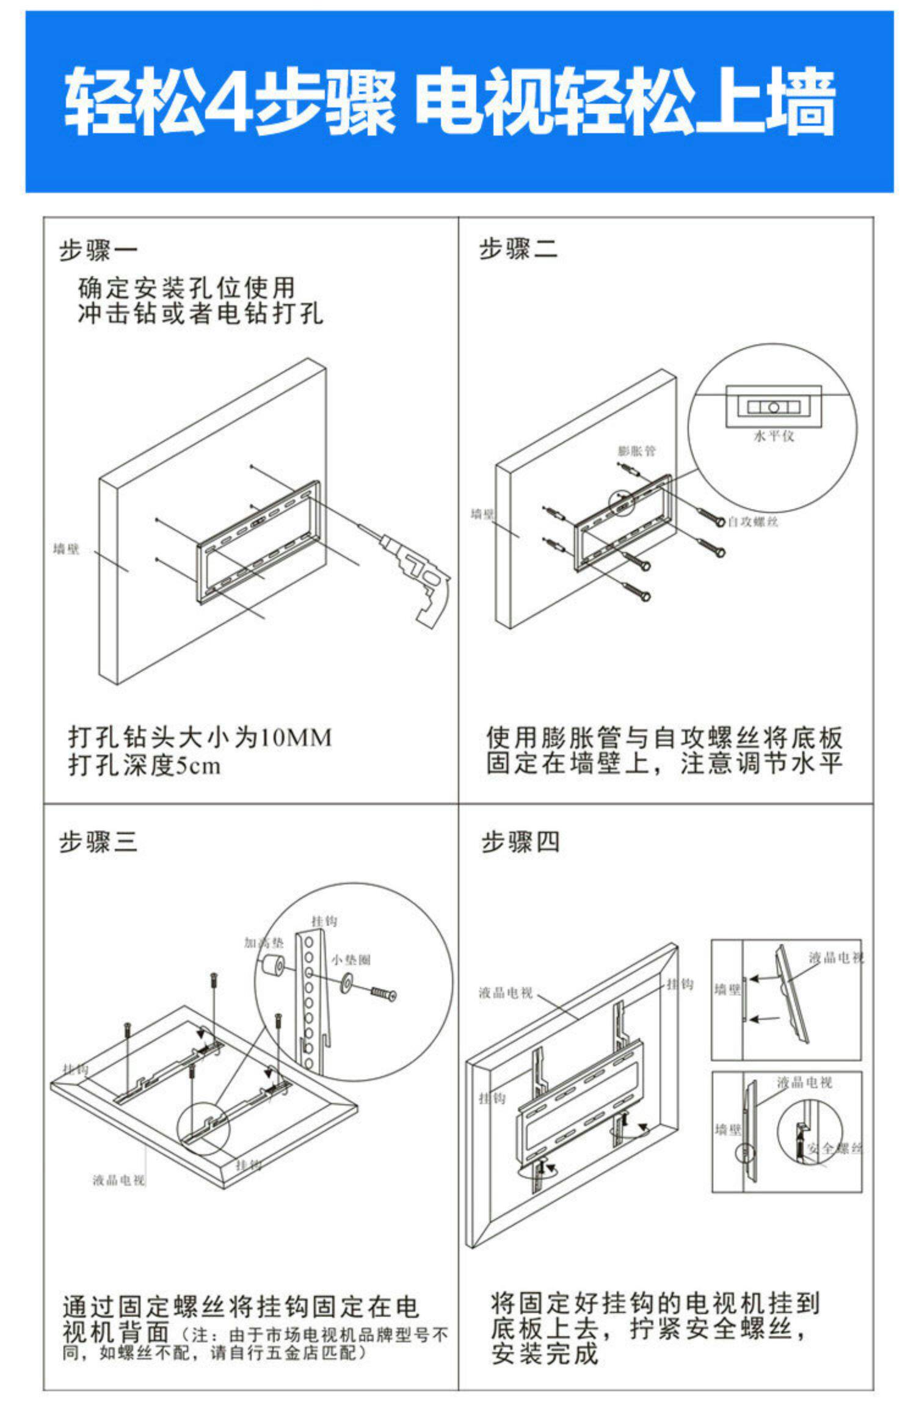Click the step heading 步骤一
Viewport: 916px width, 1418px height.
[x=98, y=250]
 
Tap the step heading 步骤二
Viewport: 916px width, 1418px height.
[x=518, y=250]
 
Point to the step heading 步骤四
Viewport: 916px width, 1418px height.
[x=520, y=842]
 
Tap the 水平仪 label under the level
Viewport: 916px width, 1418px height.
[x=774, y=435]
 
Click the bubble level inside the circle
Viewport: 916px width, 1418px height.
[x=773, y=406]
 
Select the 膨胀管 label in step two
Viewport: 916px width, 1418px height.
[x=636, y=451]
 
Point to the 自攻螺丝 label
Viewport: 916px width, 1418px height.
[x=753, y=522]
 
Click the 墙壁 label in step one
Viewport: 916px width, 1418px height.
[x=66, y=549]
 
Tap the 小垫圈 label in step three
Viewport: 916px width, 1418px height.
[x=351, y=960]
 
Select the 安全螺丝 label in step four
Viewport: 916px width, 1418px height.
[x=834, y=1149]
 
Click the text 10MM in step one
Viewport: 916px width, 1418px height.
[x=296, y=738]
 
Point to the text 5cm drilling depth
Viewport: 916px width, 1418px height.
[x=198, y=765]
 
